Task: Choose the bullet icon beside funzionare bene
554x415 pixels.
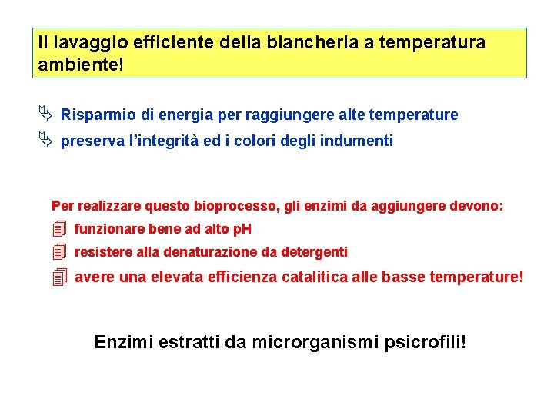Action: click(60, 229)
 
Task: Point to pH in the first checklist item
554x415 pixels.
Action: click(242, 229)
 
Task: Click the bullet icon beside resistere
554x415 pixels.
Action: click(60, 252)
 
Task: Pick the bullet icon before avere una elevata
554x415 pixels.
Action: click(60, 277)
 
